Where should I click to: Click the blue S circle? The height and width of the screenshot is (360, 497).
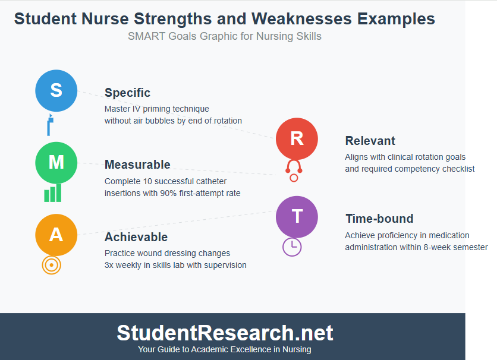tap(56, 90)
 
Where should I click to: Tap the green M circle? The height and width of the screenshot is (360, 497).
tap(56, 162)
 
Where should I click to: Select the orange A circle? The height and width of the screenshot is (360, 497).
tap(56, 235)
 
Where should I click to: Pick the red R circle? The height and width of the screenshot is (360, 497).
tap(297, 138)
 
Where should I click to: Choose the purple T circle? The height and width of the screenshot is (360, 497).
tap(297, 216)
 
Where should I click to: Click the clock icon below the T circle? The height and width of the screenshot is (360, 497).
tap(292, 247)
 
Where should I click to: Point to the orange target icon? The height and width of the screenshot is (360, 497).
tap(52, 265)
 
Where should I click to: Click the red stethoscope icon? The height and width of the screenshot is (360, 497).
tap(294, 170)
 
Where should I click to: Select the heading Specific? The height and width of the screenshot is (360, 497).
tap(127, 93)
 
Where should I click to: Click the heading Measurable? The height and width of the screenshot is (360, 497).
tap(137, 165)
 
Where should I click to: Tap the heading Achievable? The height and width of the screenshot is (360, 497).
tap(136, 237)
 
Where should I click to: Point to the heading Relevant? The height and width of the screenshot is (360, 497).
tap(370, 141)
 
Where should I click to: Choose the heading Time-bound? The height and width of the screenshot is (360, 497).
tap(379, 219)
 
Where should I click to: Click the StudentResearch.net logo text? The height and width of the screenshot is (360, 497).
tap(225, 333)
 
